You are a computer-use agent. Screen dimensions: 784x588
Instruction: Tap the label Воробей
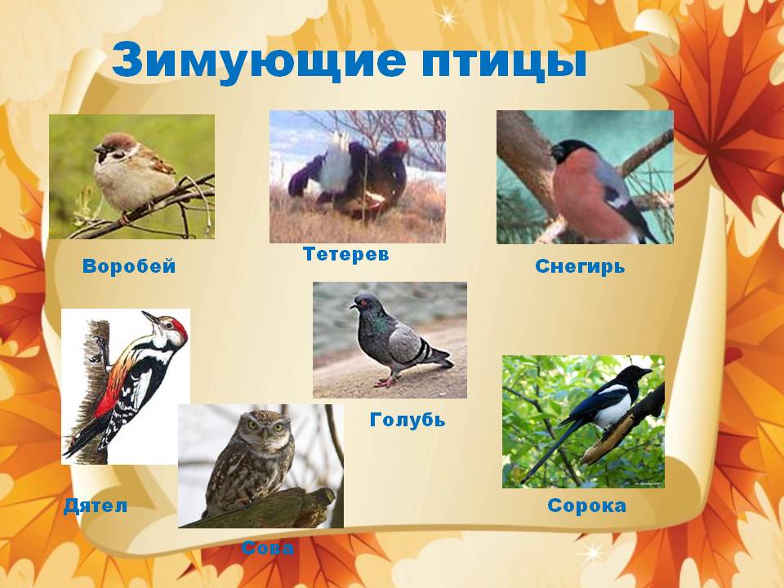pyautogui.click(x=129, y=266)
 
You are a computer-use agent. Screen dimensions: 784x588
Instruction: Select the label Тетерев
pyautogui.click(x=346, y=254)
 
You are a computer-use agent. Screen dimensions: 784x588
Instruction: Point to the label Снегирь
pyautogui.click(x=580, y=266)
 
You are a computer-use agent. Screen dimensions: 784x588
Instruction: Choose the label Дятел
pyautogui.click(x=96, y=506)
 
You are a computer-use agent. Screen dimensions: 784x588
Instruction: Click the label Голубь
pyautogui.click(x=408, y=420)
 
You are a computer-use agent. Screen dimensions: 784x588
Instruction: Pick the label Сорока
pyautogui.click(x=586, y=506)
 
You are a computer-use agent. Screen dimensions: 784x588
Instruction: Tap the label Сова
pyautogui.click(x=268, y=548)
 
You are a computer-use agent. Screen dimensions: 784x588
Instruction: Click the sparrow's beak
pyautogui.click(x=98, y=149)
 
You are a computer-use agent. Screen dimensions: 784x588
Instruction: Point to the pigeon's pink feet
pyautogui.click(x=386, y=381)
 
